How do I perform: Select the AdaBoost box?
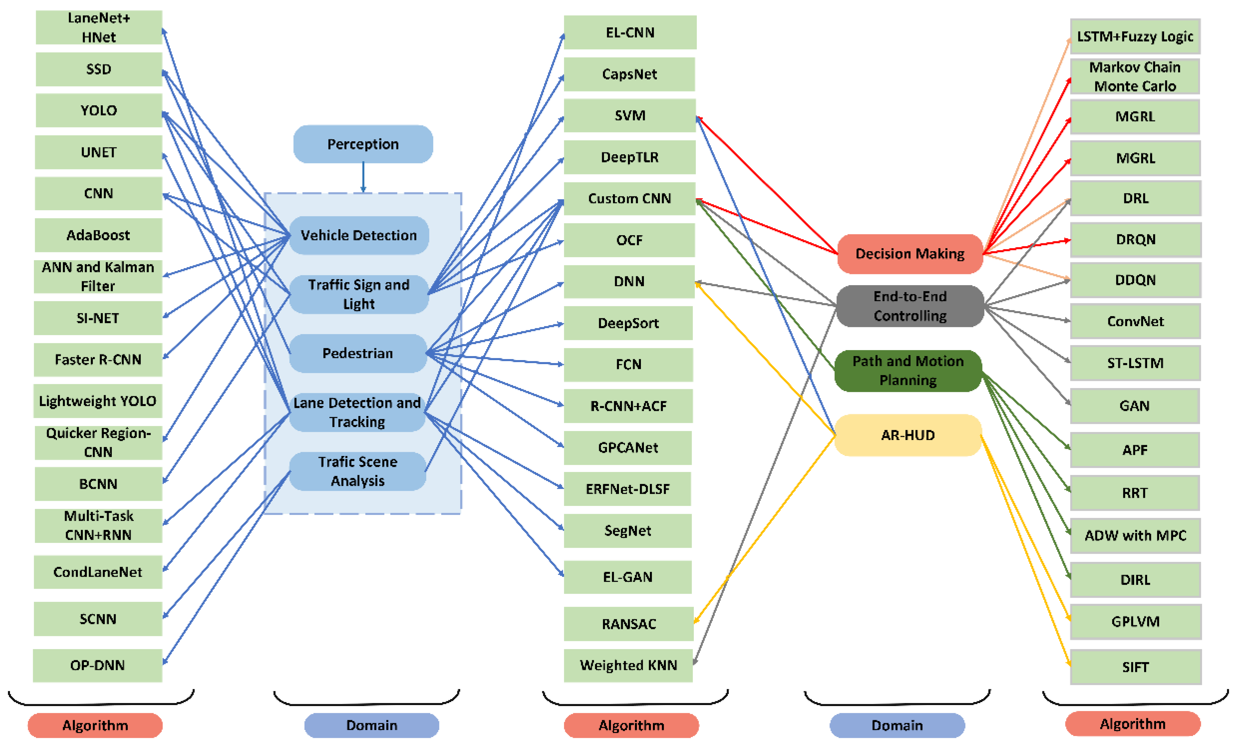[x=98, y=235]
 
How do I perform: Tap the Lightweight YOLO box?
[x=98, y=401]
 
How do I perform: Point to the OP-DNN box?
[x=98, y=665]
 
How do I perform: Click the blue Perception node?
[x=363, y=144]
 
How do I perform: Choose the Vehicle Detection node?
[x=359, y=235]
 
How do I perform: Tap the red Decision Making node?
[x=910, y=254]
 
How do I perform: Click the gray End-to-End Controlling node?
[x=910, y=306]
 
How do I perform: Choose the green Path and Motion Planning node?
[x=908, y=371]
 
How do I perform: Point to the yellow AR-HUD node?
[x=908, y=435]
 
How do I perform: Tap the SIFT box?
[x=1135, y=667]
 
